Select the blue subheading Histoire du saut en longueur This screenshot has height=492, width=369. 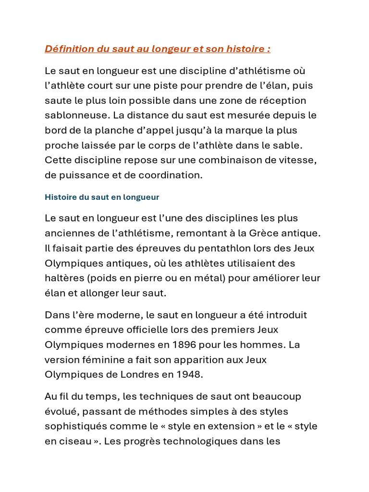point(102,197)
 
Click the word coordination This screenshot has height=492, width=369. point(171,175)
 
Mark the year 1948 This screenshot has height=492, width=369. point(188,375)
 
